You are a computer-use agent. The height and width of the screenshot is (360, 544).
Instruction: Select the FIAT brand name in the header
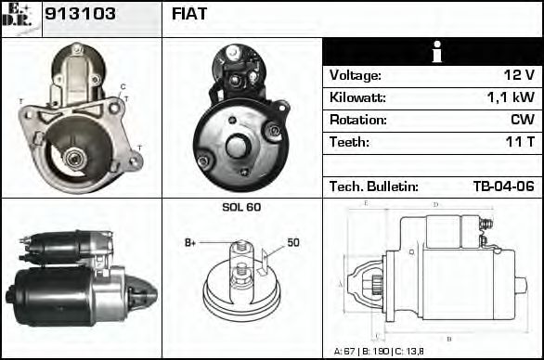coord(189,15)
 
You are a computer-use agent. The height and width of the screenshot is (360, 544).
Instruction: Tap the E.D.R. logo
coord(20,16)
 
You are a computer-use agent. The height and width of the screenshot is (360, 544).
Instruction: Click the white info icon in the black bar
coord(433,52)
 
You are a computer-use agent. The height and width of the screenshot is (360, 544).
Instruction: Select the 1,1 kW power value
coord(512,97)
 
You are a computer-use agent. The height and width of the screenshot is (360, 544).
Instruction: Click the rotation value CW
coord(522,120)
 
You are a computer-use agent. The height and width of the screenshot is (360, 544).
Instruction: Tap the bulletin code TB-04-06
coord(503,186)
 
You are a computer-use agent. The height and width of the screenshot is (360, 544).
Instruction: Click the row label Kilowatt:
coord(359,97)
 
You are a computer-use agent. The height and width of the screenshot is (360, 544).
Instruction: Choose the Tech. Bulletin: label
coord(374,186)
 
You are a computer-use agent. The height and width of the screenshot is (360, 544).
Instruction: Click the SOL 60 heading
coord(241,207)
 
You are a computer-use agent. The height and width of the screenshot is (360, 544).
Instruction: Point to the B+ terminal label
coord(191,243)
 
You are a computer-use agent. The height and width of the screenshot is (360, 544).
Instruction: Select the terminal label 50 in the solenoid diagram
coord(292,243)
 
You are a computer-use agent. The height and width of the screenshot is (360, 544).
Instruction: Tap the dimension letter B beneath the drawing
coord(448,338)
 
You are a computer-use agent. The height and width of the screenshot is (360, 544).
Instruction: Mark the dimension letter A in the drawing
coord(341,283)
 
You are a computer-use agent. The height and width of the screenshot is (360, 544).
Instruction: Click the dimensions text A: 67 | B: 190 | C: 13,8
coord(379,352)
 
